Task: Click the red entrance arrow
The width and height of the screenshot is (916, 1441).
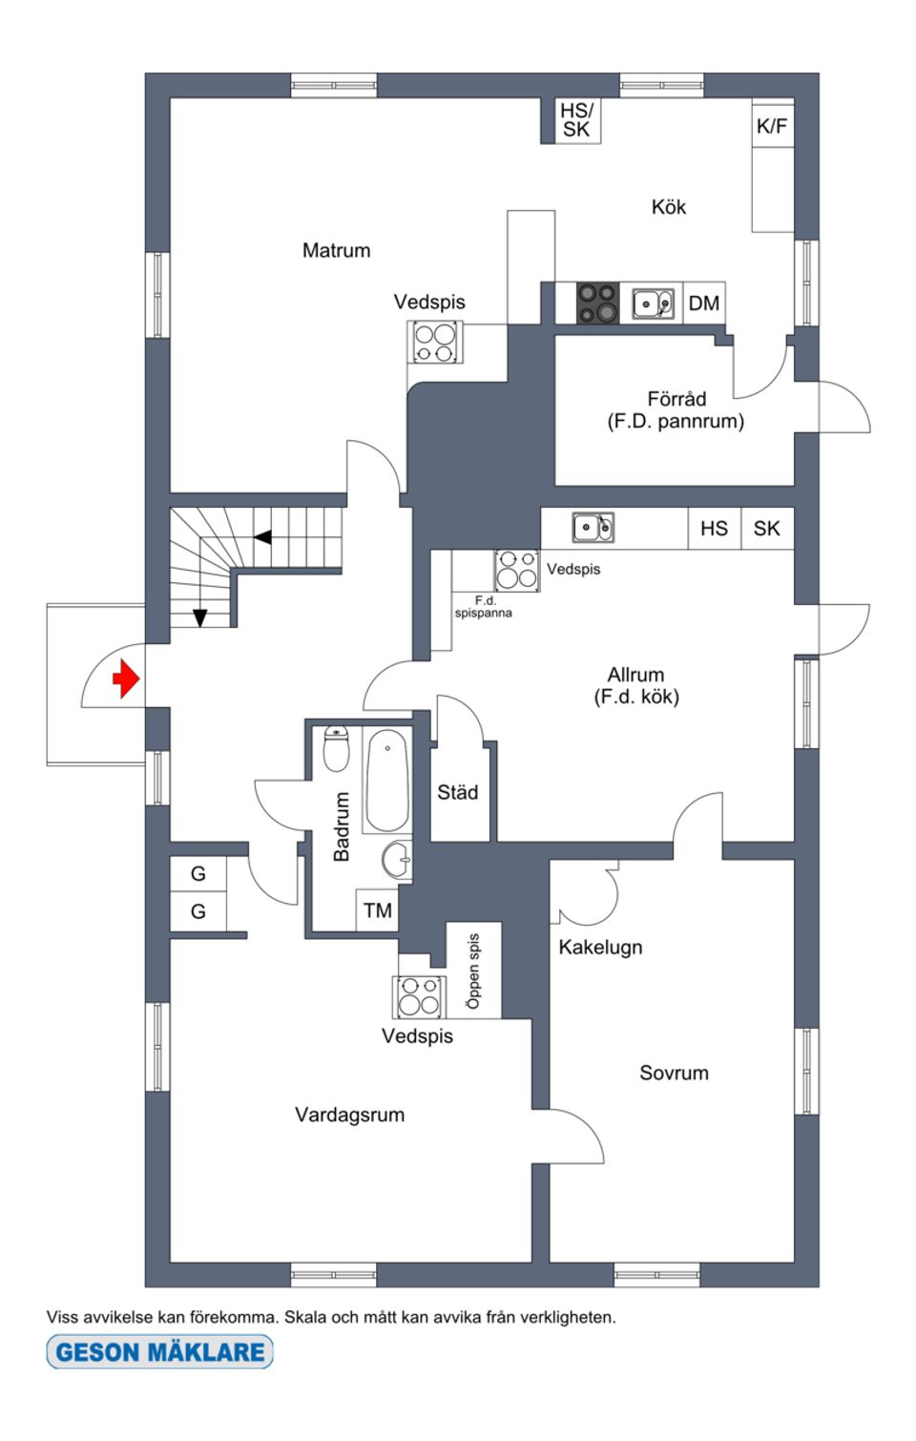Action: tap(126, 679)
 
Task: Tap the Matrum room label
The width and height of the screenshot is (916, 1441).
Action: tap(336, 250)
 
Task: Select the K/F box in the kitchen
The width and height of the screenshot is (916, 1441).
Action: tap(772, 126)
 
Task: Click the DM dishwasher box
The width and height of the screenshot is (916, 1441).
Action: tap(704, 303)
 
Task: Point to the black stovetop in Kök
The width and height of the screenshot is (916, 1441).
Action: tap(597, 303)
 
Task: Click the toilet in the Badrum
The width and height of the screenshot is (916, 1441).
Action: tap(336, 749)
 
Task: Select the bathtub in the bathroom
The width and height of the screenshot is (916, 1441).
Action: tap(387, 781)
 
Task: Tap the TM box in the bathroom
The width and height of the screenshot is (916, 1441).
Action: tap(378, 910)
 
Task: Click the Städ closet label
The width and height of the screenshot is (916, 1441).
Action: tap(458, 792)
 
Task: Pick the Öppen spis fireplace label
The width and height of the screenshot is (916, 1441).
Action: tap(474, 971)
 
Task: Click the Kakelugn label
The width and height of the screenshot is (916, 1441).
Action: tap(600, 947)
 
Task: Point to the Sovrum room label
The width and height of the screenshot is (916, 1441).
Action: tap(674, 1073)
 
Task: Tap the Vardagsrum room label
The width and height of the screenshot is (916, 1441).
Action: tap(349, 1115)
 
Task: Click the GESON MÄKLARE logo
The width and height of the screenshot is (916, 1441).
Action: tap(160, 1351)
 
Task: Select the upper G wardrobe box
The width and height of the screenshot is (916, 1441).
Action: tap(198, 873)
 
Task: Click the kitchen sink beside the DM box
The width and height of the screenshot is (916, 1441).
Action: tap(654, 303)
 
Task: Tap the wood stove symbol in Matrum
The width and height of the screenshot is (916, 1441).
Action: tap(435, 343)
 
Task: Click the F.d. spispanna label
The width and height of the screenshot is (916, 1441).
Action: tap(484, 607)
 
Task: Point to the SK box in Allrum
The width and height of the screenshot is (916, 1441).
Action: tap(767, 529)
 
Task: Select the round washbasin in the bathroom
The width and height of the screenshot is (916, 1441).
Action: tap(397, 860)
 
